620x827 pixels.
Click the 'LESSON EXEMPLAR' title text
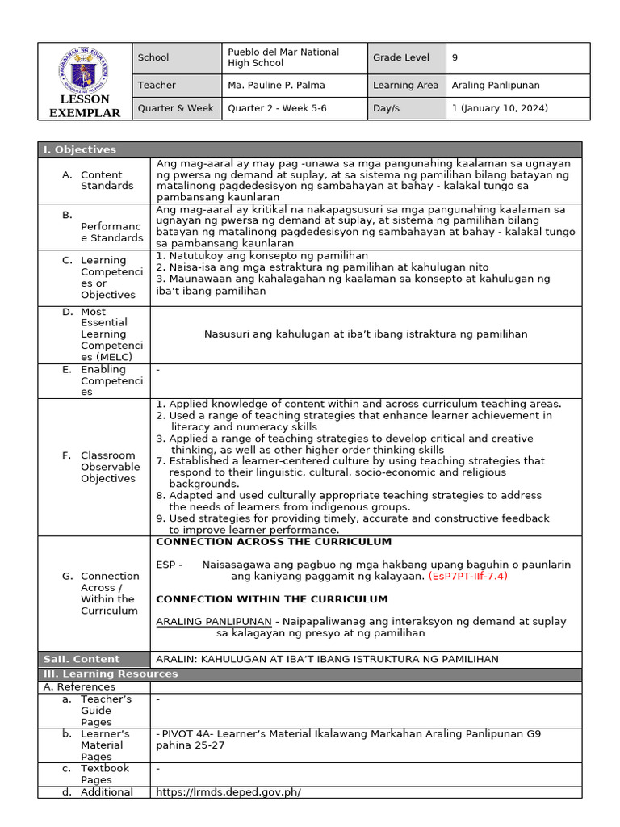pyautogui.click(x=85, y=107)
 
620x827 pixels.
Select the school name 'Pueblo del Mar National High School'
pyautogui.click(x=283, y=57)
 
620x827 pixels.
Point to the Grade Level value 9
pyautogui.click(x=455, y=57)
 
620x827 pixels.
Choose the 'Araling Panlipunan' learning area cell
pyautogui.click(x=496, y=85)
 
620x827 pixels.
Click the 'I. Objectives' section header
pyautogui.click(x=79, y=149)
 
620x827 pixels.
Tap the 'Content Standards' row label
pyautogui.click(x=107, y=180)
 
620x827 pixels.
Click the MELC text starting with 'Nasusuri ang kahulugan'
pyautogui.click(x=366, y=334)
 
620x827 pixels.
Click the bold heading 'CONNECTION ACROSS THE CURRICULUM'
pyautogui.click(x=273, y=542)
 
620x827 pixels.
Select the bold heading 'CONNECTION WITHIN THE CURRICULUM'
pyautogui.click(x=271, y=599)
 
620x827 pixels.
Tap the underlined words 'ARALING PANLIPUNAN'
pyautogui.click(x=213, y=621)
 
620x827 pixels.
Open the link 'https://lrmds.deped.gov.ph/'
pyautogui.click(x=228, y=792)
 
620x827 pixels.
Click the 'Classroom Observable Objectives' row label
pyautogui.click(x=110, y=467)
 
